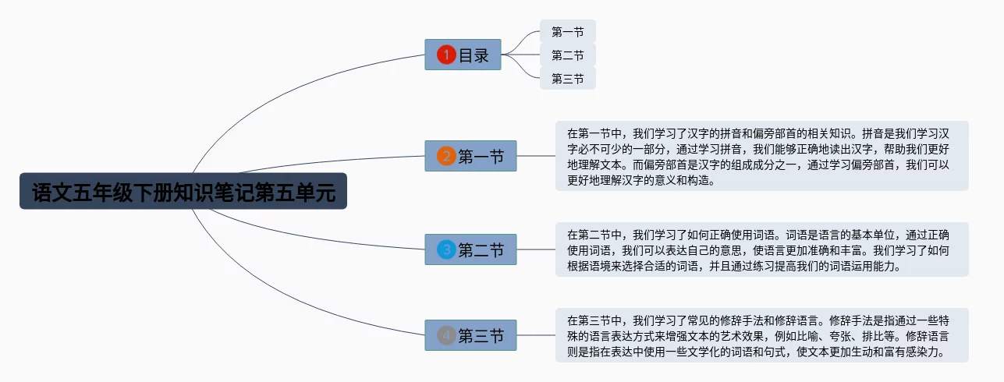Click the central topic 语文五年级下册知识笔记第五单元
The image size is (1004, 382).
[183, 191]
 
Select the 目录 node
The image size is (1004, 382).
[463, 55]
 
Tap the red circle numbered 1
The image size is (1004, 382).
[446, 55]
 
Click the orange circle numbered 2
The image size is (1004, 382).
[446, 156]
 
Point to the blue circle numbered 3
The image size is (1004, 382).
[446, 249]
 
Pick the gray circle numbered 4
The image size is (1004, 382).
[446, 335]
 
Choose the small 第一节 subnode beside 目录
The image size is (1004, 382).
[567, 31]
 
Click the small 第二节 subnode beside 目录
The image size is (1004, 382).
[567, 55]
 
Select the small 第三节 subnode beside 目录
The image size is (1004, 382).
[567, 79]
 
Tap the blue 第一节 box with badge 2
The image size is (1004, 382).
[470, 156]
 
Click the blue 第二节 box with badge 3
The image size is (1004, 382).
[470, 249]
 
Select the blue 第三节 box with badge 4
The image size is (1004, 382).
[470, 335]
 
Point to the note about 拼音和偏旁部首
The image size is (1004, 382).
[762, 156]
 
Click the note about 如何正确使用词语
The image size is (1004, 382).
[762, 249]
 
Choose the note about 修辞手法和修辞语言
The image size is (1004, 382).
[762, 335]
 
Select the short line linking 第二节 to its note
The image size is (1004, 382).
[536, 249]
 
